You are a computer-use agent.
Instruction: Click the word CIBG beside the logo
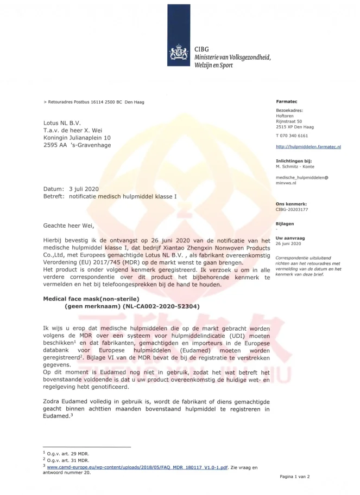coord(201,49)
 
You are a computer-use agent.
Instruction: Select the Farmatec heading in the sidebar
coord(286,101)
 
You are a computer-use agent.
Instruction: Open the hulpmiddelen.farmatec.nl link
coord(308,147)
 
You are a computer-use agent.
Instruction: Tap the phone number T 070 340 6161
coord(292,136)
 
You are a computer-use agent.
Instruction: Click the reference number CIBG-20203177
coord(292,208)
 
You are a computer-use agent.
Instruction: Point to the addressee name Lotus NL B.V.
coord(62,123)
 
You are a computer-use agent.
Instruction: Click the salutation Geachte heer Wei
coord(72,225)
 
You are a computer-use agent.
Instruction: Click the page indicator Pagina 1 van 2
coord(294,477)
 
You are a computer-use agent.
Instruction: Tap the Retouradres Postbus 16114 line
coord(95,102)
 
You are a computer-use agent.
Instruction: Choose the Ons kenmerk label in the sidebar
coord(291,203)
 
